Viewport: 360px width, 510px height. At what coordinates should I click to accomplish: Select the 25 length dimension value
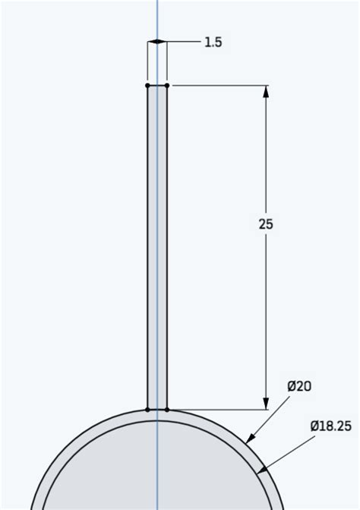(265, 224)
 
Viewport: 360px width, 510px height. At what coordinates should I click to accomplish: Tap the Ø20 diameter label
(299, 386)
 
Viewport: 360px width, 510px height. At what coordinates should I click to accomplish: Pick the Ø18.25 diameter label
(330, 426)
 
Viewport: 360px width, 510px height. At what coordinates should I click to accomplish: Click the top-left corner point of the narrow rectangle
(147, 85)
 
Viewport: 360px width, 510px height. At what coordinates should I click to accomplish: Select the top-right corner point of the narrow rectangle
(167, 85)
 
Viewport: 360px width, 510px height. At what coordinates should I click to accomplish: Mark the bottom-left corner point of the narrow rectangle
(147, 410)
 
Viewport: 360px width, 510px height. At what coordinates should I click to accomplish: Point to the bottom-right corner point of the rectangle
(167, 410)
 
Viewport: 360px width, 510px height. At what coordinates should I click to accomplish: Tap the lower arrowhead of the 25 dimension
(266, 404)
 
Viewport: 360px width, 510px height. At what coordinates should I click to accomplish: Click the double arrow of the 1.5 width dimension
(157, 43)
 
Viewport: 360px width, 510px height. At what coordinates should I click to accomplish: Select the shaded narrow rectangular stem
(157, 243)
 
